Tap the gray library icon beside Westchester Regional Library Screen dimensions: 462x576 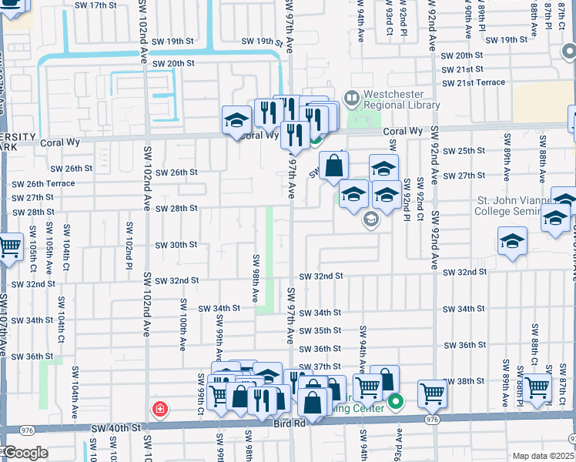point(353,99)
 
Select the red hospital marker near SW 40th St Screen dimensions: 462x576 point(159,408)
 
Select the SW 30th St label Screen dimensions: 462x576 point(176,245)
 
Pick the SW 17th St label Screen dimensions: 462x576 point(108,5)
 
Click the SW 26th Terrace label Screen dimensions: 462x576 point(44,183)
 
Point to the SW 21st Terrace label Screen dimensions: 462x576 point(474,82)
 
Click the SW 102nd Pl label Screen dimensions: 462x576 point(129,257)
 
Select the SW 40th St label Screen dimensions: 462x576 point(117,427)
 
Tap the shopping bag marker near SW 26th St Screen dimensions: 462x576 point(334,166)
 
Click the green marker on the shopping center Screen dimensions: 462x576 point(397,401)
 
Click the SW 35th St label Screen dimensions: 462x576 point(320,330)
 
